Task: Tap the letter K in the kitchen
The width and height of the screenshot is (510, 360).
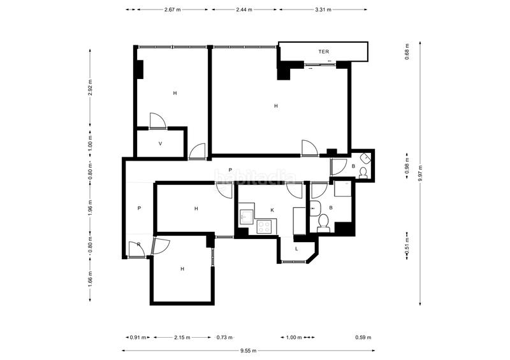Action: click(272, 209)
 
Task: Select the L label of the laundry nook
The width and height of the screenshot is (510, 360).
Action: click(296, 248)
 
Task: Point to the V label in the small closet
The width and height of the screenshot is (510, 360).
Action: click(160, 144)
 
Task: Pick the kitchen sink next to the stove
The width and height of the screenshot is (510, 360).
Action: click(246, 216)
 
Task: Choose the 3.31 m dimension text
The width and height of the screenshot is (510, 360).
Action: click(323, 10)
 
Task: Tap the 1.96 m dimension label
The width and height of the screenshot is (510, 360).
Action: click(91, 208)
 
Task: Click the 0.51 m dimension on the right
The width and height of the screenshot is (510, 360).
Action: click(407, 252)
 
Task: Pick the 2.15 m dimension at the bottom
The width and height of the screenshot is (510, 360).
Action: click(182, 338)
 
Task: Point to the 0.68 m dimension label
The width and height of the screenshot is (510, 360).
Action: click(407, 51)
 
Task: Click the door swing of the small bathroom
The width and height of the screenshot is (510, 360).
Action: click(337, 168)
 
